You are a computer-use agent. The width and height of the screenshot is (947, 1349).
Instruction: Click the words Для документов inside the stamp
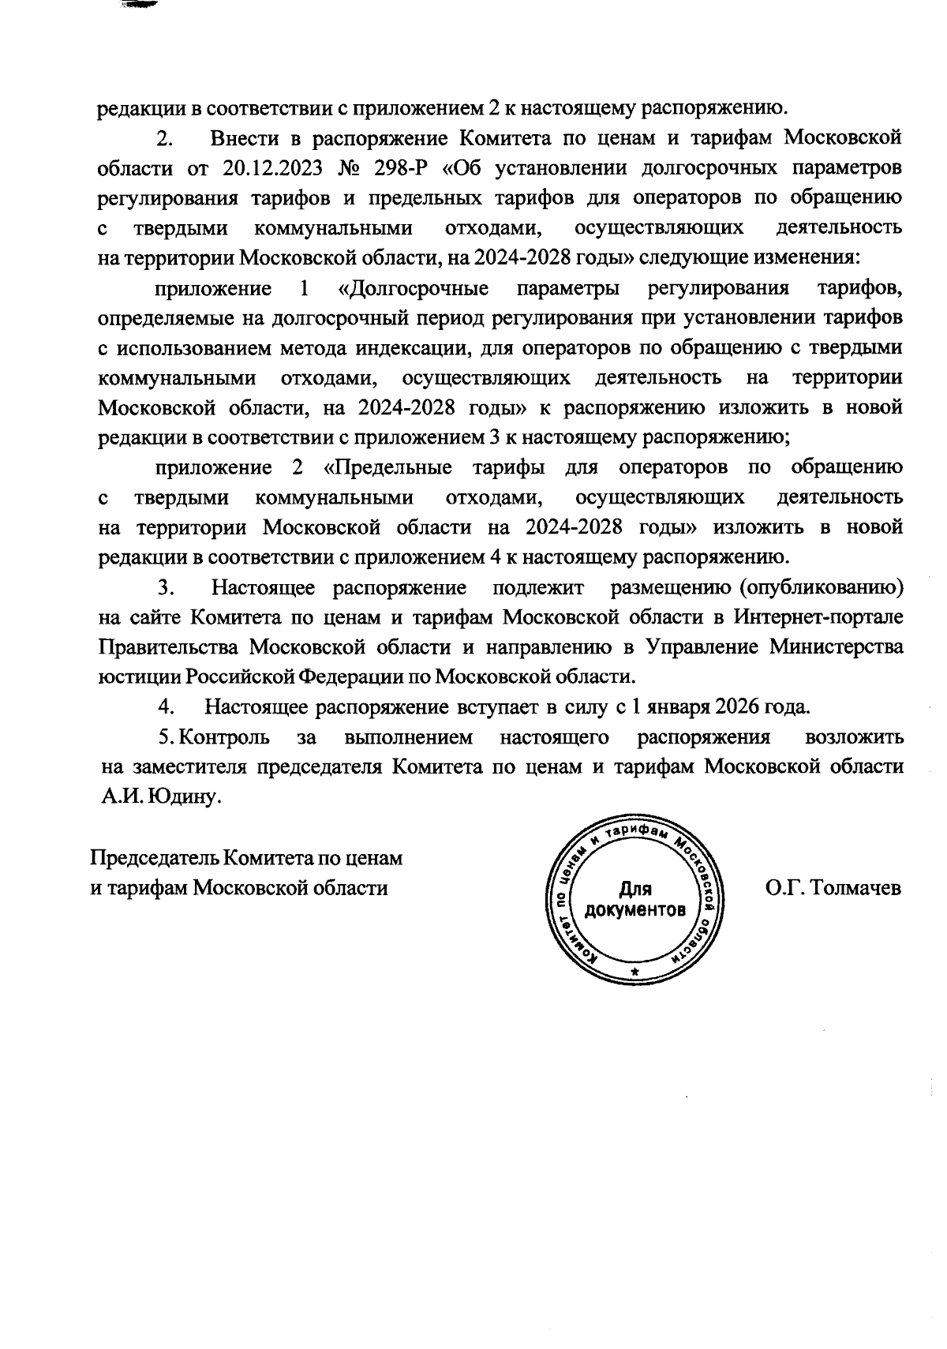point(634,901)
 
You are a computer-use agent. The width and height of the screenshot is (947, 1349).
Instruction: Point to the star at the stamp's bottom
point(636,973)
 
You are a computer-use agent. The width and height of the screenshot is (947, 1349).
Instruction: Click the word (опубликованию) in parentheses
point(820,588)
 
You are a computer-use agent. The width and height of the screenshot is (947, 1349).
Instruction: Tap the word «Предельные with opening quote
point(387,467)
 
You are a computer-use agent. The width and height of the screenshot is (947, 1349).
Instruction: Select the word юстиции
point(129,676)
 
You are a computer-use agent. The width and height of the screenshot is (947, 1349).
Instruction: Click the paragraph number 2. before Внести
point(165,139)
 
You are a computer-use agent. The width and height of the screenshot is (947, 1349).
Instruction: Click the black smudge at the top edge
point(140,4)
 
